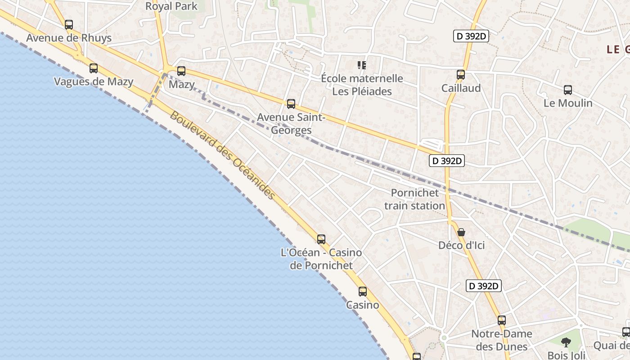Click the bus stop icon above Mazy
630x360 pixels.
coord(181,71)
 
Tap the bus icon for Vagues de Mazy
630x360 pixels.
coord(94,68)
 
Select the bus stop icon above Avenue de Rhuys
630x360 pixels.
coord(69,25)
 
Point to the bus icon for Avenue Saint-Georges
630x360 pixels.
coord(291,104)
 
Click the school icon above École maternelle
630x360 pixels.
coord(362,65)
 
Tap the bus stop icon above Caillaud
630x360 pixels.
coord(461,75)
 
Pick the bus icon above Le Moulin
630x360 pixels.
coord(568,90)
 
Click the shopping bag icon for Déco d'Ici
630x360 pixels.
coord(461,232)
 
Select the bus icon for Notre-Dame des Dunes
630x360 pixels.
coord(502,320)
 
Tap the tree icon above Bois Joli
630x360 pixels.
coord(566,342)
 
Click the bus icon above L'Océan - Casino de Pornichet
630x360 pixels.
coord(321,239)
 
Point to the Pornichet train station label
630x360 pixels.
coord(414,199)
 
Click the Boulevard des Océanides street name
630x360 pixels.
coord(222,155)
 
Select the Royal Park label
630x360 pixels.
coord(171,6)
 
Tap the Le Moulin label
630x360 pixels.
coord(568,103)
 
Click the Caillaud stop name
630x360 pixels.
coord(461,88)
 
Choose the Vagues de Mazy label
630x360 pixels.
coord(94,81)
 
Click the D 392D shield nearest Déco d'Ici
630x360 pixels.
coord(484,286)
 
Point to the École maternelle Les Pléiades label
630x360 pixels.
coord(362,85)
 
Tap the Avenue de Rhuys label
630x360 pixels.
coord(69,38)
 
